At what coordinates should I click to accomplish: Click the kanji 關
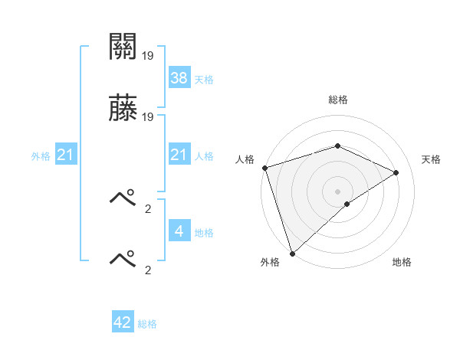point(123,47)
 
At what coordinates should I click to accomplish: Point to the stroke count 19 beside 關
point(148,55)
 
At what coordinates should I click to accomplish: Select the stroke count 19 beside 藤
point(148,117)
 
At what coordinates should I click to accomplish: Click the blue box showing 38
point(179,77)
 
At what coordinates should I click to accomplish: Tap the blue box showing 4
point(179,231)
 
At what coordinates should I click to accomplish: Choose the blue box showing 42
point(123,322)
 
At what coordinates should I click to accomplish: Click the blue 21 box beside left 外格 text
point(66,155)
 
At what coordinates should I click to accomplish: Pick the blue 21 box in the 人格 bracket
point(179,155)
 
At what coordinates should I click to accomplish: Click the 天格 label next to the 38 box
point(204,79)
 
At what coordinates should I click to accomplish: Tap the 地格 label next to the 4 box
point(204,233)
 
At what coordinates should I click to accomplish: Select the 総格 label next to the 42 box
point(147,324)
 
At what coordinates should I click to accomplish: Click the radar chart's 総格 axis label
point(337,100)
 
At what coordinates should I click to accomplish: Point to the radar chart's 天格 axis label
point(432,159)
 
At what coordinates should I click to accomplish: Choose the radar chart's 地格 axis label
point(402,262)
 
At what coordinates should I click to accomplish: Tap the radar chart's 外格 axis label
point(269,262)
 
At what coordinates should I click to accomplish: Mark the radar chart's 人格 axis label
point(245,159)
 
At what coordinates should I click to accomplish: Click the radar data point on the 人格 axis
point(264,168)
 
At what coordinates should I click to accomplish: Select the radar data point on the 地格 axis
point(347,204)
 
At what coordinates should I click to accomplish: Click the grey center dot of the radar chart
point(337,191)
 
